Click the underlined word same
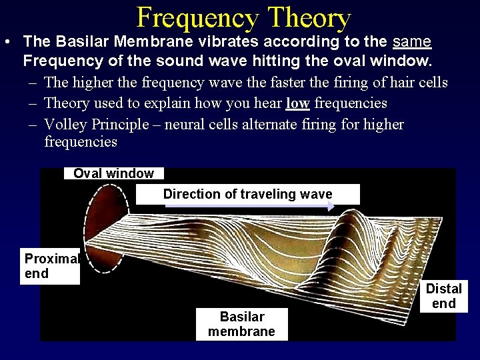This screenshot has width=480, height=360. coord(412,42)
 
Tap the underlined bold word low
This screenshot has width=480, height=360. coord(297,103)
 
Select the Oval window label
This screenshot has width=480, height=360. coord(113,173)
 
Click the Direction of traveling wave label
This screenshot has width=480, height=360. coord(247,194)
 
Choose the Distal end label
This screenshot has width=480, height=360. coord(443,296)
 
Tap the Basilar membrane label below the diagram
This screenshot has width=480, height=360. coord(241,324)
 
